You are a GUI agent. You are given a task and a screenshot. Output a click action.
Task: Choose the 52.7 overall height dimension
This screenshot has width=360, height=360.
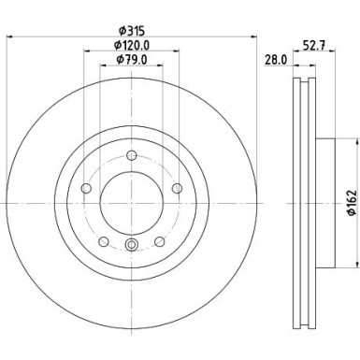(314, 43)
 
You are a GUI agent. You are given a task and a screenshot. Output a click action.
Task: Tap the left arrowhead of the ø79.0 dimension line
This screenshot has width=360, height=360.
(103, 70)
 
